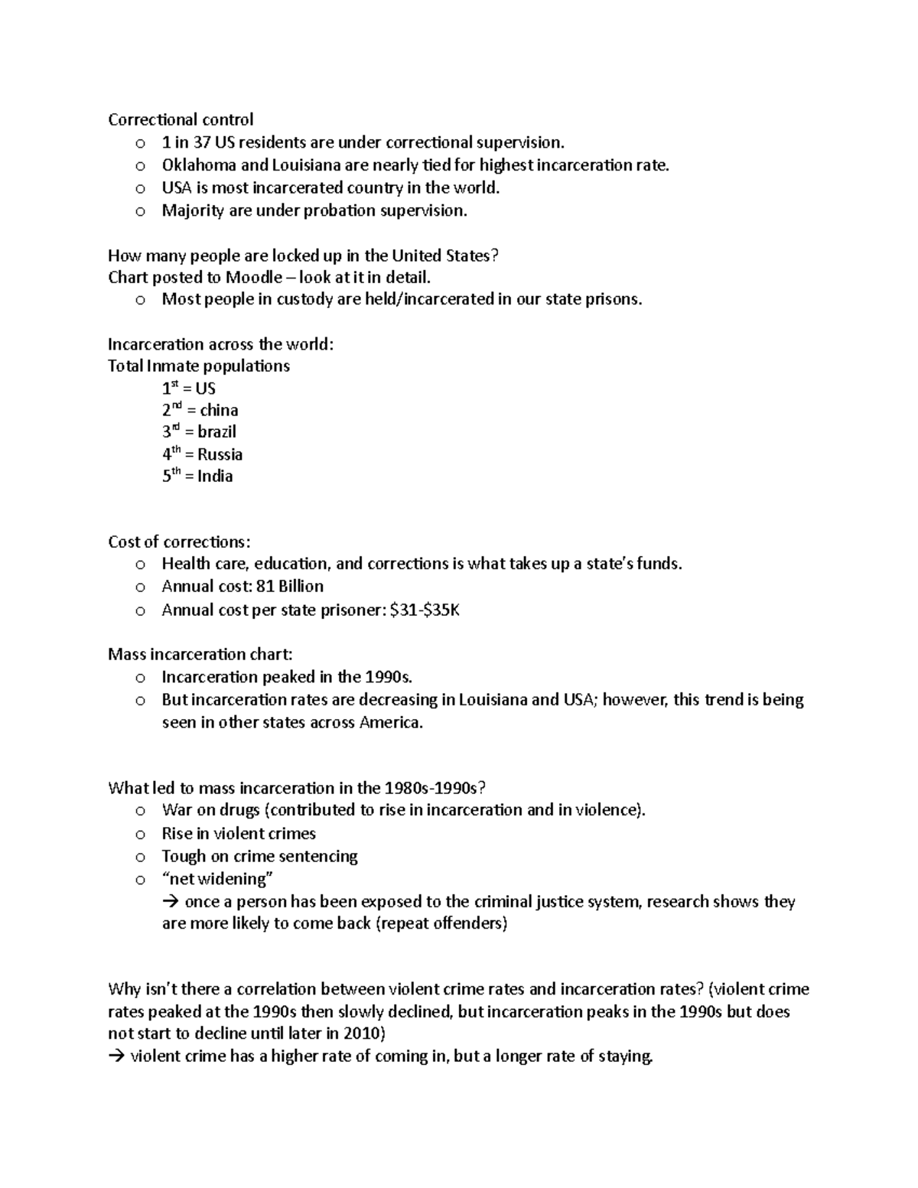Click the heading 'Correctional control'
pyautogui.click(x=181, y=119)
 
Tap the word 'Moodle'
pyautogui.click(x=254, y=277)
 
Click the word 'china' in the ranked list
pyautogui.click(x=219, y=410)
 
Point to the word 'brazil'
pyautogui.click(x=216, y=431)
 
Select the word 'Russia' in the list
pyautogui.click(x=220, y=454)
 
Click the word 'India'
pyautogui.click(x=215, y=476)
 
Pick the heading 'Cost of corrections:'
pyautogui.click(x=179, y=542)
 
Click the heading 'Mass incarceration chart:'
pyautogui.click(x=200, y=654)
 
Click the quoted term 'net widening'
pyautogui.click(x=218, y=878)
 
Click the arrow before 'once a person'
pyautogui.click(x=170, y=902)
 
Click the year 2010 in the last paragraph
pyautogui.click(x=361, y=1033)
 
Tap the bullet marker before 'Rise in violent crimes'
pyautogui.click(x=139, y=835)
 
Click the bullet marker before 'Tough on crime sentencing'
pyautogui.click(x=139, y=858)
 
